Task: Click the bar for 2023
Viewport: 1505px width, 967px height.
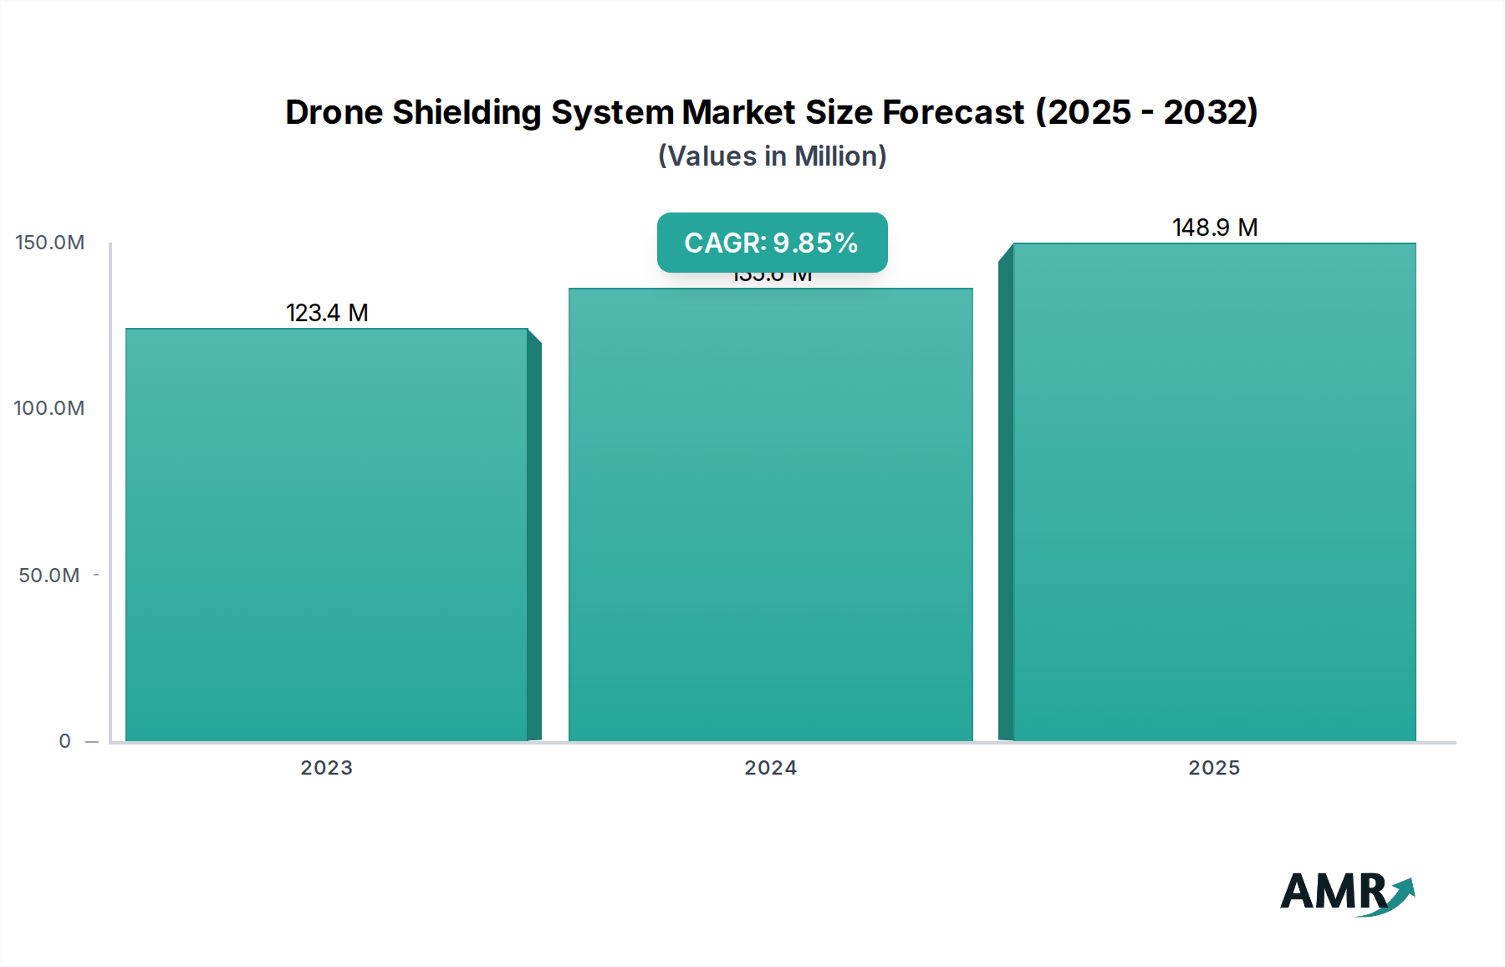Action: pyautogui.click(x=327, y=535)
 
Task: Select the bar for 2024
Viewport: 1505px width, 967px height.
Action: pyautogui.click(x=770, y=514)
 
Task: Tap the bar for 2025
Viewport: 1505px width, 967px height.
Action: pyautogui.click(x=1214, y=494)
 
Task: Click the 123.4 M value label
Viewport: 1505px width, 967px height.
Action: pyautogui.click(x=327, y=313)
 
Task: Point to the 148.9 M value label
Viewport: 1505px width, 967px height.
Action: pyautogui.click(x=1214, y=228)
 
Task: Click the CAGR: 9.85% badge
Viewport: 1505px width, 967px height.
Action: pyautogui.click(x=772, y=243)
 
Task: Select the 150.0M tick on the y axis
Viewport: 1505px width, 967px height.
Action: pyautogui.click(x=50, y=243)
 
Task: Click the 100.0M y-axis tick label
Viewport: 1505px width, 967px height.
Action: pyautogui.click(x=49, y=408)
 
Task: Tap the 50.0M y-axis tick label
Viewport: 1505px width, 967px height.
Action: pyautogui.click(x=49, y=576)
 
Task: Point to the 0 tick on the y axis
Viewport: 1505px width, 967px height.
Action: pyautogui.click(x=65, y=741)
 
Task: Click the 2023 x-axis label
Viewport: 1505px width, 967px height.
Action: pyautogui.click(x=327, y=768)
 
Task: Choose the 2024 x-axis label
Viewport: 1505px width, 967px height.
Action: pyautogui.click(x=770, y=768)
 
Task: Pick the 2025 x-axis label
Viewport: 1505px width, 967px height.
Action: pyautogui.click(x=1214, y=768)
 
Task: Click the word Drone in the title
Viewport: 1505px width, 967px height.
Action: pyautogui.click(x=334, y=112)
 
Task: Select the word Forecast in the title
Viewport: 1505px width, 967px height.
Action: pyautogui.click(x=953, y=112)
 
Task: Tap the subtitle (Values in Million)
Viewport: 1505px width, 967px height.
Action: pyautogui.click(x=772, y=156)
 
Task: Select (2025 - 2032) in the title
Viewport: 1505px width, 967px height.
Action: pyautogui.click(x=1146, y=112)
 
